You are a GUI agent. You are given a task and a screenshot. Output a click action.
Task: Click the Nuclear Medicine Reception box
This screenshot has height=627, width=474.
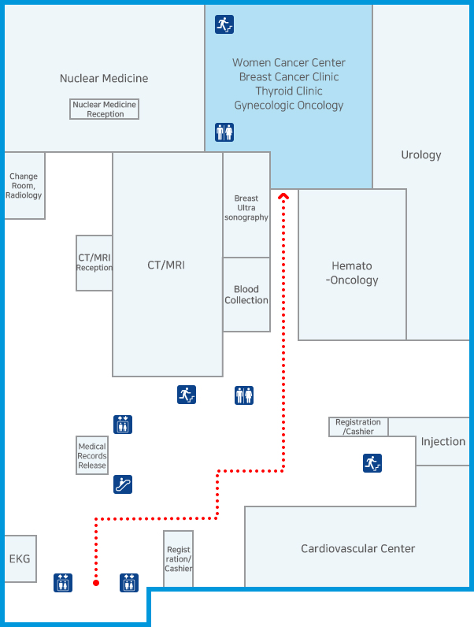coord(104,109)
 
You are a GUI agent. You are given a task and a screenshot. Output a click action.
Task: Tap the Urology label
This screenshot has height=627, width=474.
coord(421,155)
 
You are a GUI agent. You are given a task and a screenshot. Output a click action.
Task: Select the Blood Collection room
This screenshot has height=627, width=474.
coord(246,295)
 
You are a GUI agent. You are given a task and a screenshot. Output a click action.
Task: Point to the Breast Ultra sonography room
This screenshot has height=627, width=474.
coord(246,207)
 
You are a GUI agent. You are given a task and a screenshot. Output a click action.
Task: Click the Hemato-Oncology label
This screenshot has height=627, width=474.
coord(352,273)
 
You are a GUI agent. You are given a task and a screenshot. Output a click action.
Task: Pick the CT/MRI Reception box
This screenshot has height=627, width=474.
coord(94,263)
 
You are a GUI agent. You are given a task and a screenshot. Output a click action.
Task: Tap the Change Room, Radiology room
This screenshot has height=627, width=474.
coord(24,186)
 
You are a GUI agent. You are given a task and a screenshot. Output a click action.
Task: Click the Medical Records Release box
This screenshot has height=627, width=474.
coord(92,456)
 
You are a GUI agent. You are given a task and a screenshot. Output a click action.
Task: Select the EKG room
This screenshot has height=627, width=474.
coord(20,558)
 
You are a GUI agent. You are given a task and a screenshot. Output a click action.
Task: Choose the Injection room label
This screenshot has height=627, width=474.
coord(443,442)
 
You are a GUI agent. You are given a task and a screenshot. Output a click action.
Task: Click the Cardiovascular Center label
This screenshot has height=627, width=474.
coord(357,548)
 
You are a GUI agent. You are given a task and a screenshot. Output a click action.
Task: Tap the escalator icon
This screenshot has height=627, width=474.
coord(122,484)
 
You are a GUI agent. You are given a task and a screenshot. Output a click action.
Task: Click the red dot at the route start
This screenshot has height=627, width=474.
coord(96,583)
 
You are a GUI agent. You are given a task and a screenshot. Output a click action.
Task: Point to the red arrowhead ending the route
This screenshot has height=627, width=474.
coord(283,196)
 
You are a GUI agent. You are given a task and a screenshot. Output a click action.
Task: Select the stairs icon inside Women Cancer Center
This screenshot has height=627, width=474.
coord(224,24)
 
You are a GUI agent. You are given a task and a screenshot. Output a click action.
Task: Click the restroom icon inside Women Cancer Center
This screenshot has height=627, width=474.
coord(224,132)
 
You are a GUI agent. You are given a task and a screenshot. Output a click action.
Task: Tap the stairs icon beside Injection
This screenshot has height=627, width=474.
coord(372,463)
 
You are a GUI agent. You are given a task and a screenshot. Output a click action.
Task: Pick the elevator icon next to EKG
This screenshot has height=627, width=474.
coord(63,583)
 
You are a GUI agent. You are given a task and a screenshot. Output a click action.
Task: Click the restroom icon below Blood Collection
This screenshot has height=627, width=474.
coord(244,395)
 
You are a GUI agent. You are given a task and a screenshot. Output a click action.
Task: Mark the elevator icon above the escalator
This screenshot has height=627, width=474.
coord(122,425)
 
